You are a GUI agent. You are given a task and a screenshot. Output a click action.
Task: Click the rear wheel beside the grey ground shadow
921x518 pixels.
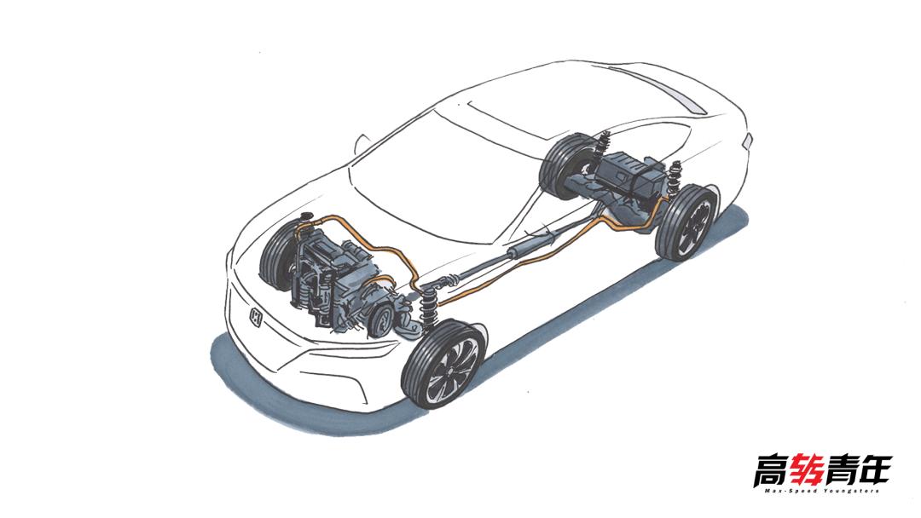point(687,222)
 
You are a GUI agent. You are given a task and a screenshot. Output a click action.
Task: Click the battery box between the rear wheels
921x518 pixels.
point(631,172)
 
